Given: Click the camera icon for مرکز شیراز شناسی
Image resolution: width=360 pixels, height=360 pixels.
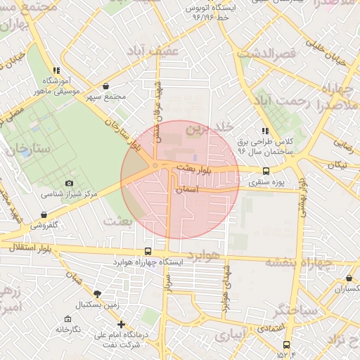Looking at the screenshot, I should click(69, 184).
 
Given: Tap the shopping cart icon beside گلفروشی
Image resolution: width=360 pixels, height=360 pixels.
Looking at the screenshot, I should click(44, 215).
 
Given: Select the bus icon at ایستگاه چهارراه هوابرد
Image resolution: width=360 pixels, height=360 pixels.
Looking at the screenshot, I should click(148, 252).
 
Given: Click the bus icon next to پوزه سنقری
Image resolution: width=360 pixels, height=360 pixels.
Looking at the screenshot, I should click(266, 171).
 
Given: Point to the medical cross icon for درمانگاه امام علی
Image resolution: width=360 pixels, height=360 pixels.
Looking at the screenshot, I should click(122, 325).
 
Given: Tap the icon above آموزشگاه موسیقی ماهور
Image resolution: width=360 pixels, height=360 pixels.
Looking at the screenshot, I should click(56, 70).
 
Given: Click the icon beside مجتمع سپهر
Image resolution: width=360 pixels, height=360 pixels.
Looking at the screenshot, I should click(105, 86).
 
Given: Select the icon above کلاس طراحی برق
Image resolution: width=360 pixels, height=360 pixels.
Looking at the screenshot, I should click(264, 131).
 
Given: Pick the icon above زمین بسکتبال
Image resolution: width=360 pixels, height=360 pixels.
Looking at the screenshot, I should click(97, 294).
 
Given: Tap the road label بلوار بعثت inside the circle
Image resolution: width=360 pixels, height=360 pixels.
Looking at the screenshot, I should click(195, 169).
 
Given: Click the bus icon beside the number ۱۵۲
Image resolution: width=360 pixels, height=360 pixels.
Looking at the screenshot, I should click(286, 345).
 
